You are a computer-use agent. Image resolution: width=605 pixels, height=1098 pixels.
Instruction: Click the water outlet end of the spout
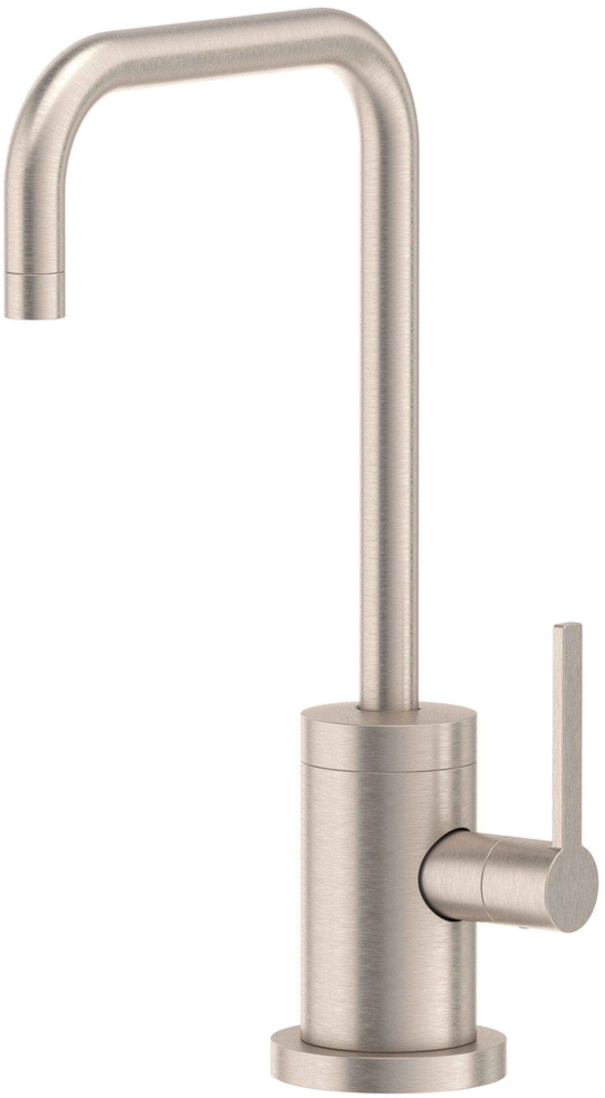pos(36,314)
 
